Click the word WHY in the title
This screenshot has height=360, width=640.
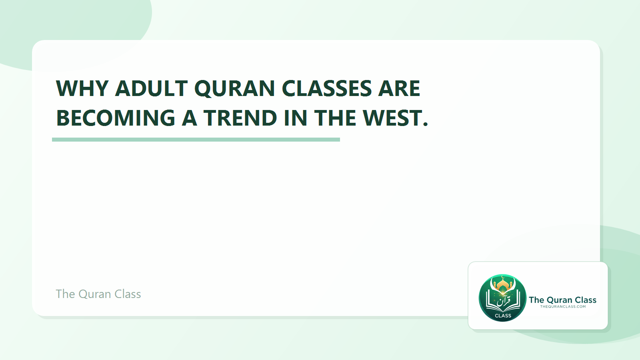(x=82, y=88)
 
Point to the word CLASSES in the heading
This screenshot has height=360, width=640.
(x=326, y=88)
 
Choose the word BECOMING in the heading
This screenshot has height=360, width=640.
(x=116, y=118)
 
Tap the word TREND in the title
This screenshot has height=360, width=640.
(x=240, y=118)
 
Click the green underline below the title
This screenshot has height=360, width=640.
(x=196, y=140)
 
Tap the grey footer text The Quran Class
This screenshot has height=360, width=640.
(x=98, y=294)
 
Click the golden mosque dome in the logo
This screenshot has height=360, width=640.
(x=503, y=284)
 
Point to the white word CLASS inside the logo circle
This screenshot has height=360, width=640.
(x=503, y=316)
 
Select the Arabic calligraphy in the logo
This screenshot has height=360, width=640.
(x=503, y=300)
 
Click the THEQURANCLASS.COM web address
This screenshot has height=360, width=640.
(x=563, y=307)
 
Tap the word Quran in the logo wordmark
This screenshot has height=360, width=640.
(x=559, y=300)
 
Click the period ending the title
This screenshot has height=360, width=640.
(x=425, y=125)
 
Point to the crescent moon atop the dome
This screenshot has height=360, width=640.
(x=503, y=277)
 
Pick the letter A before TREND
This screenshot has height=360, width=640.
(x=190, y=118)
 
